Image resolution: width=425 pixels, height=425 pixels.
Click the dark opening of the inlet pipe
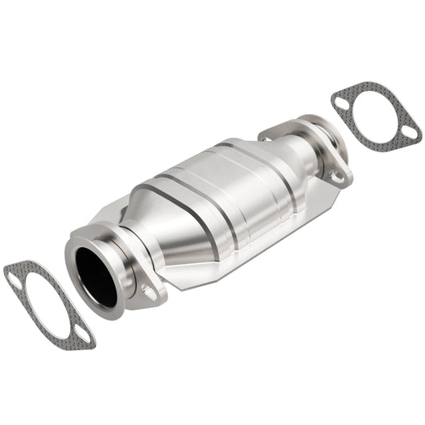(96, 275)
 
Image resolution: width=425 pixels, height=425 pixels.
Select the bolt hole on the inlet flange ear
(149, 292)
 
